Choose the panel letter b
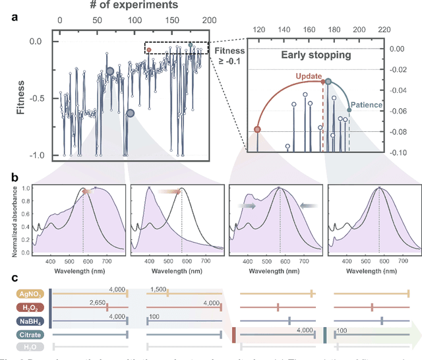15,178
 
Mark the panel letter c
15,279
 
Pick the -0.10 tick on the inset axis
398,152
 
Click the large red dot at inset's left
257,129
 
